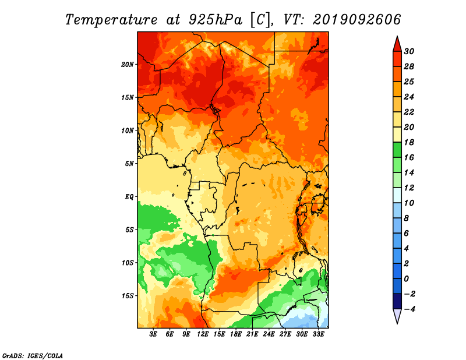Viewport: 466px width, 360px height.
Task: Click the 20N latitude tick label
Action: coord(128,65)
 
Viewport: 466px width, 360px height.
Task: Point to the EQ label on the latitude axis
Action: coord(129,197)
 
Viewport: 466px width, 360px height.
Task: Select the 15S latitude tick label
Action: coord(128,296)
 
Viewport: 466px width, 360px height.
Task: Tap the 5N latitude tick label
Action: coord(129,164)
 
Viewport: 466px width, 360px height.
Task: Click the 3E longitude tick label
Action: coord(153,334)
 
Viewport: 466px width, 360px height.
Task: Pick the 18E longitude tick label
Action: coord(236,334)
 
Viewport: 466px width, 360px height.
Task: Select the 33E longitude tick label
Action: coord(318,334)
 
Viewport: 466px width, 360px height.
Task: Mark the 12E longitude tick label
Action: coord(203,334)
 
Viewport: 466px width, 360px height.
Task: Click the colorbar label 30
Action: coord(409,51)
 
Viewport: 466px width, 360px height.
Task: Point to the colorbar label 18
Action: coord(409,142)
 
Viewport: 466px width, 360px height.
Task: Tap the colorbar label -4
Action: coord(409,309)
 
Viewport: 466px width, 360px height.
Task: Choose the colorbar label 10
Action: coord(409,203)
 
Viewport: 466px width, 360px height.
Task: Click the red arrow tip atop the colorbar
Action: coord(397,37)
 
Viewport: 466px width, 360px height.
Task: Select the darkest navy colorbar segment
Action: coord(397,301)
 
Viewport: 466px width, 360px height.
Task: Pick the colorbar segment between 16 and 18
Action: coord(397,150)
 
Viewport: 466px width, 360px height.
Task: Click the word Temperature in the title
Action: coord(111,20)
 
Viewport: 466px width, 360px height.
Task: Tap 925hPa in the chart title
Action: coord(215,20)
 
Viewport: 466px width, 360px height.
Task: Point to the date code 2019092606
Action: coord(356,20)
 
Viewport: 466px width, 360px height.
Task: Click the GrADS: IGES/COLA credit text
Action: coord(33,355)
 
